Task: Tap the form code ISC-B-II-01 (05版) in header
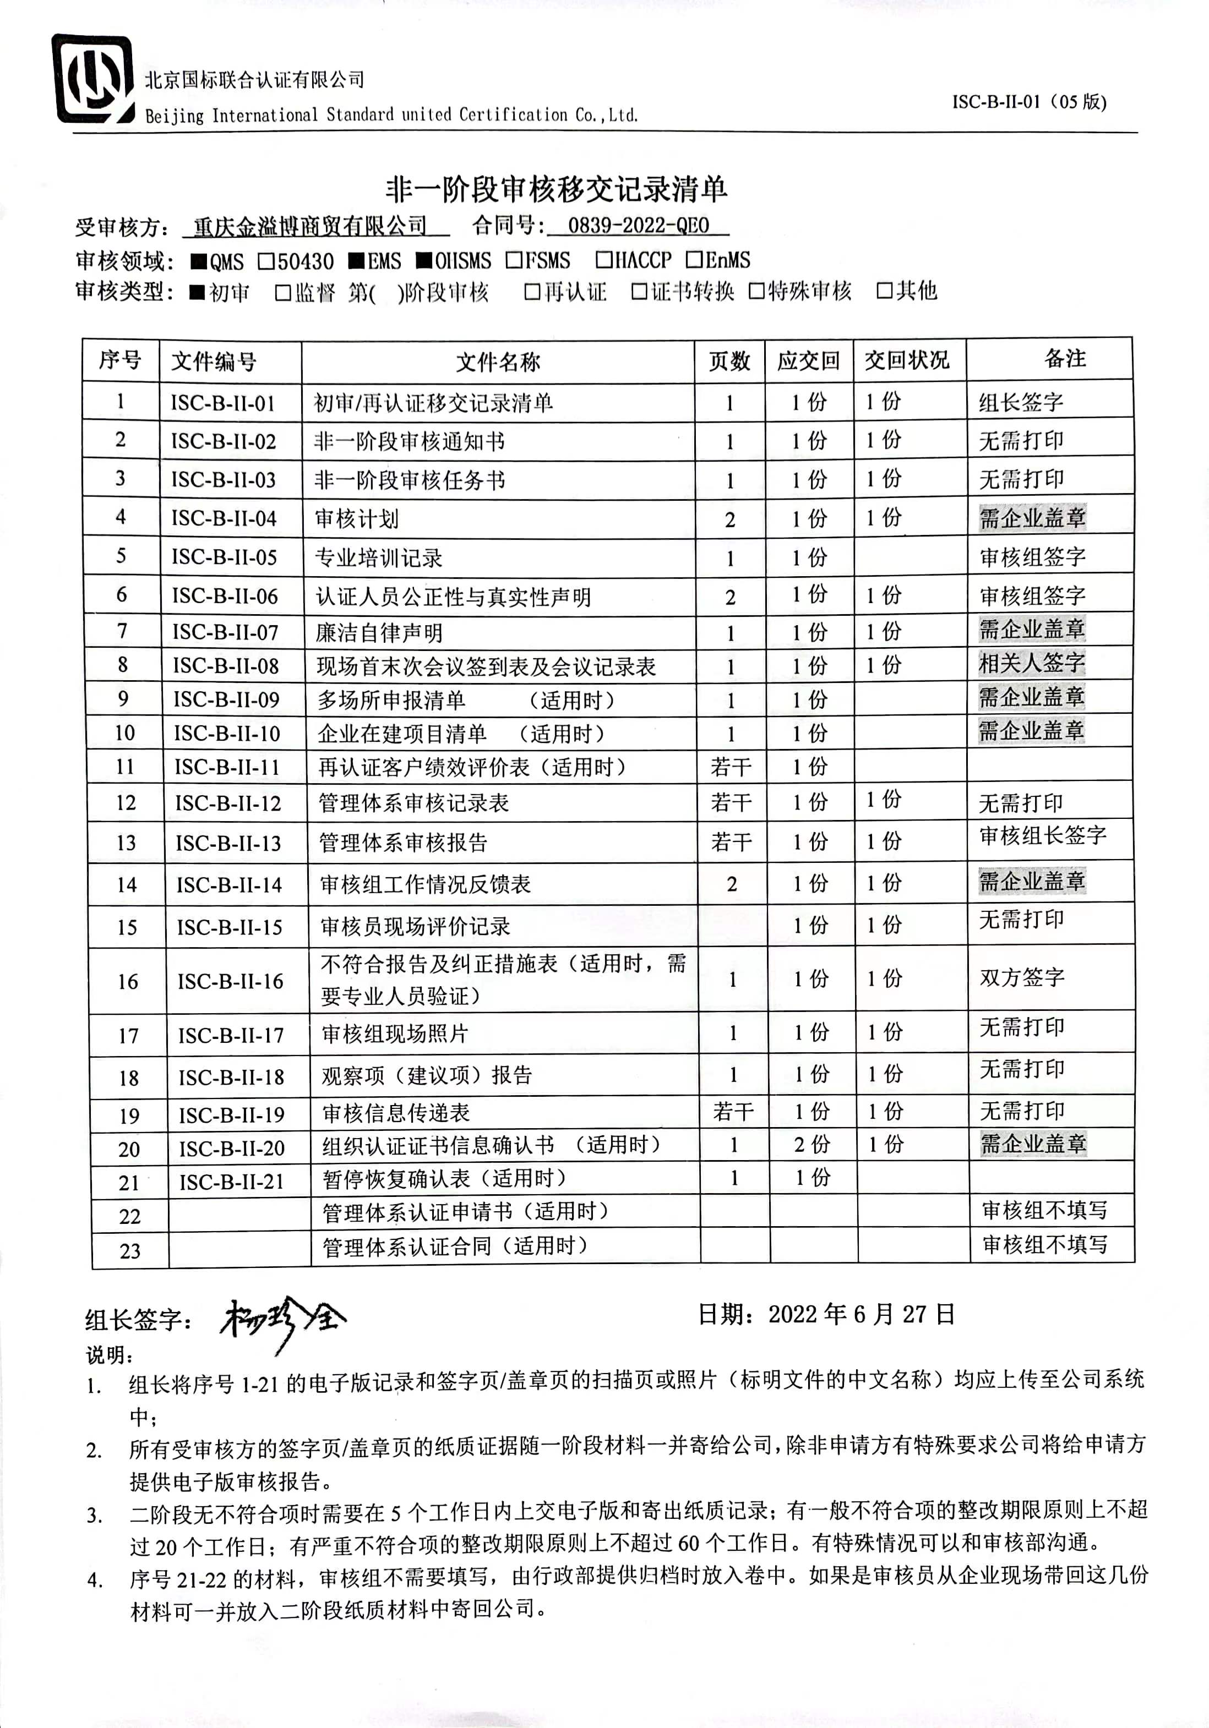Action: [x=1028, y=102]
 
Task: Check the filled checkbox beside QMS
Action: [x=199, y=262]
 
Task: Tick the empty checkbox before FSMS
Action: [x=514, y=260]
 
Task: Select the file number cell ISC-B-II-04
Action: [x=224, y=518]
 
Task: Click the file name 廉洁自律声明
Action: [x=379, y=633]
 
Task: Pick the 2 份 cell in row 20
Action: [x=812, y=1145]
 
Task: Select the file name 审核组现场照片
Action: [x=395, y=1034]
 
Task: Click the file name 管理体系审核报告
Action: [x=404, y=842]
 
